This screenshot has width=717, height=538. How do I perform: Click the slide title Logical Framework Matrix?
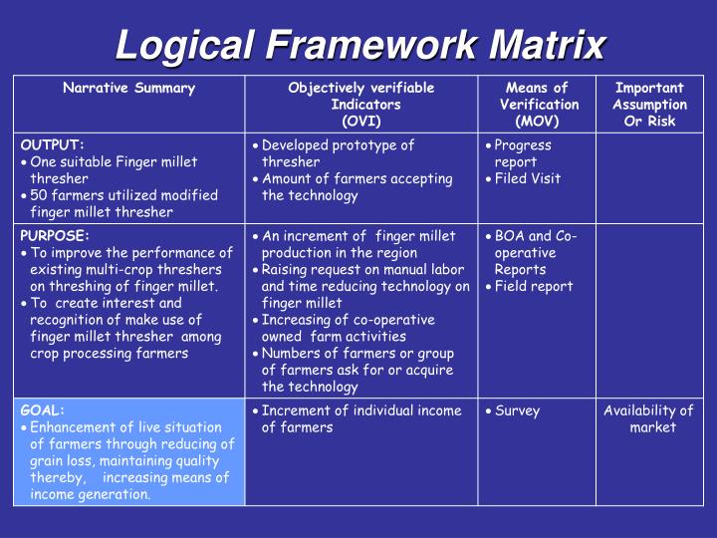pos(360,44)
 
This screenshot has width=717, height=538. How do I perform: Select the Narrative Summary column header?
pos(128,88)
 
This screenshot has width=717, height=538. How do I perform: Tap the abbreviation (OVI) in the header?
pos(360,121)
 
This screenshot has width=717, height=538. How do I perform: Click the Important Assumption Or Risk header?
pos(649,105)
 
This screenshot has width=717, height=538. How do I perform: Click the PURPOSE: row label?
pos(56,236)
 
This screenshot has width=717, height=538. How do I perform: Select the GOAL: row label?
pos(43,410)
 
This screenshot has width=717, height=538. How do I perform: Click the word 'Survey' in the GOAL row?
pos(517,410)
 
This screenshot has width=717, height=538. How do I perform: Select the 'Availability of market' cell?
pos(649,418)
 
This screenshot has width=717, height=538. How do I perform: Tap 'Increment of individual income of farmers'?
pos(360,418)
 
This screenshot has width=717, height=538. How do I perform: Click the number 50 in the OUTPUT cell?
pos(39,195)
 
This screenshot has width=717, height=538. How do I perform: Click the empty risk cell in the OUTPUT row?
pos(649,178)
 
